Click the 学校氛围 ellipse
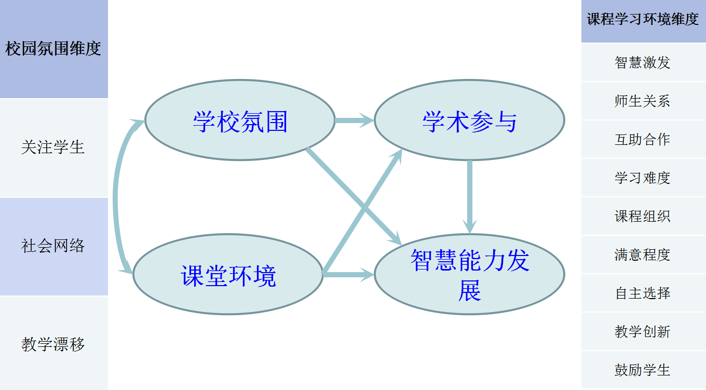tap(240, 120)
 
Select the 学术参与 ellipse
tap(469, 120)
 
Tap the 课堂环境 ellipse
tap(228, 275)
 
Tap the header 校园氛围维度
tap(53, 49)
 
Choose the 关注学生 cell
tap(53, 147)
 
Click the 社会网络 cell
tap(53, 246)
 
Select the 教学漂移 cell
tap(53, 344)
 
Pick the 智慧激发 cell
tap(643, 62)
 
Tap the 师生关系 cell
tap(643, 101)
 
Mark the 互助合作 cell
tap(643, 139)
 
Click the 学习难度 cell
tap(643, 178)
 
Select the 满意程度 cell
tap(643, 254)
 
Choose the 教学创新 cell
tap(643, 331)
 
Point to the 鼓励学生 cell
tap(643, 370)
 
